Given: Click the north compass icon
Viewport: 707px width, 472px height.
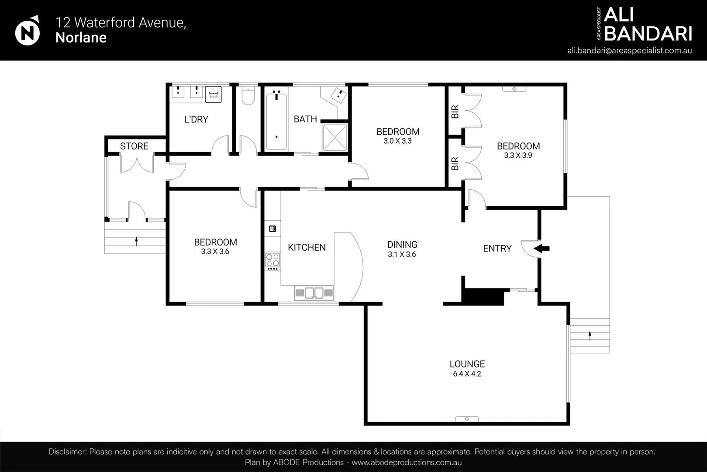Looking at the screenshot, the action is point(28,31).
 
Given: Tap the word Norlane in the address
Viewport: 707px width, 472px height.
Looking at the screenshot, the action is point(81,38).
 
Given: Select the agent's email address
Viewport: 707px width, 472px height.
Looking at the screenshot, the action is point(629,51).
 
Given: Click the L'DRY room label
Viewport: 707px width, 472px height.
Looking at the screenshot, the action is point(197,119).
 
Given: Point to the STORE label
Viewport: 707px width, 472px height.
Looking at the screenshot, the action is point(134,146).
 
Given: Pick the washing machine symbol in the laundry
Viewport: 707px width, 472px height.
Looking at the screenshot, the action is point(214,94).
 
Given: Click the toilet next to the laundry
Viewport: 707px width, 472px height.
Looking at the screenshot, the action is point(248,96).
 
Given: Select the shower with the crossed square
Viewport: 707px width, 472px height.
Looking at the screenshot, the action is point(335,138).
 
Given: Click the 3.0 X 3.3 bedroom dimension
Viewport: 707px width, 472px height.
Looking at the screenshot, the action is point(398,141).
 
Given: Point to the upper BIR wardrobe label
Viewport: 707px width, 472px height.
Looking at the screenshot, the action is point(455,111).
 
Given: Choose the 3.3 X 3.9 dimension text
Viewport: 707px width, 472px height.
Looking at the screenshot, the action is point(518,155).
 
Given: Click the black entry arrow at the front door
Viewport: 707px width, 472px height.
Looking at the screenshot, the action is point(541,249).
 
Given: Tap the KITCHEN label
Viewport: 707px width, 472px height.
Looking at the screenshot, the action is point(307,247).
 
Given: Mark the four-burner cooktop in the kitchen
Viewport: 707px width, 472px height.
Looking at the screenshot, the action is point(272,261).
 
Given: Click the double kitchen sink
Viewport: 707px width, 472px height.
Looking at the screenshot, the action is point(314,293).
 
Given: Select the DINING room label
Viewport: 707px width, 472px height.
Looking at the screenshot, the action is point(403,245).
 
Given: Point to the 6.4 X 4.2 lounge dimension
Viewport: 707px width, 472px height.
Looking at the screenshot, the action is point(467,374).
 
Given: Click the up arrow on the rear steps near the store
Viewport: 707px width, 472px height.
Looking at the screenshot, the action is point(136,241).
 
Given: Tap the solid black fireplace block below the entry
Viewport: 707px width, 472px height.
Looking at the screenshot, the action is point(483,297).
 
